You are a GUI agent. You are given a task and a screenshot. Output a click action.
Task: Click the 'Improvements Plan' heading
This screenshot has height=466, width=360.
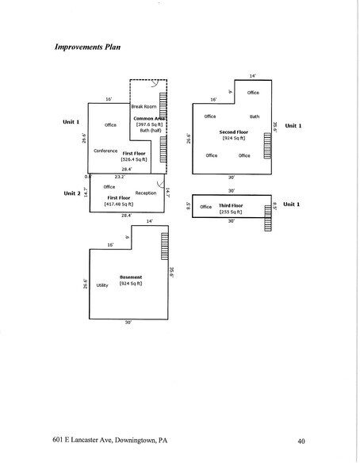[88, 47]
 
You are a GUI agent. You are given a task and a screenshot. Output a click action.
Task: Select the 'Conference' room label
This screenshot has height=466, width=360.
[105, 151]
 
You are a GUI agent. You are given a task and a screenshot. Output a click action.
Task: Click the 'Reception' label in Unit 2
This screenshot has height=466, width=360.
[146, 193]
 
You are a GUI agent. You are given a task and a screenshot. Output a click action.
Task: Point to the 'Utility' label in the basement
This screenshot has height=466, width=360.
[101, 285]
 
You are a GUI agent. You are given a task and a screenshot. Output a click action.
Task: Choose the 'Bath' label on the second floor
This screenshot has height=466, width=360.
[254, 116]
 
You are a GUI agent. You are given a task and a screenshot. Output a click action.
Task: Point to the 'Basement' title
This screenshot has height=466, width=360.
[132, 277]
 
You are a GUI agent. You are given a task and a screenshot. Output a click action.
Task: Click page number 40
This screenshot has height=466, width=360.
[302, 440]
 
